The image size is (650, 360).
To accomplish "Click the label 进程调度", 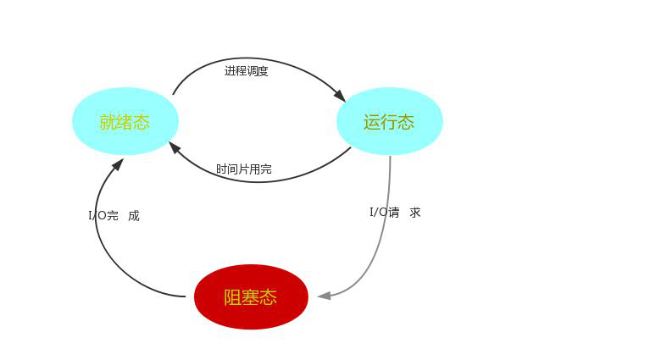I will point(247,71).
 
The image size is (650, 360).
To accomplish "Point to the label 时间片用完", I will point(244,169).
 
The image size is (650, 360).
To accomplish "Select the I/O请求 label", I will point(395,212).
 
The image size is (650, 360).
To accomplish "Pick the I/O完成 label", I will point(114,216).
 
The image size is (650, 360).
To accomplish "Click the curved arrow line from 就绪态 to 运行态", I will point(254,58).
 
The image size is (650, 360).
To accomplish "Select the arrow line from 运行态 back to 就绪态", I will point(263,181).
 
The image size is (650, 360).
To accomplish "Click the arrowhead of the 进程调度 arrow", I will point(340,96).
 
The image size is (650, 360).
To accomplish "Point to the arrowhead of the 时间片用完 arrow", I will point(175,147).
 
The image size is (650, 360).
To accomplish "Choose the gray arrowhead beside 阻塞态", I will point(324,296).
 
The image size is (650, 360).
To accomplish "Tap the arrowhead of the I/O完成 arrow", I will point(118,163).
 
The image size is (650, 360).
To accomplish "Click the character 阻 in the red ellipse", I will point(232,297).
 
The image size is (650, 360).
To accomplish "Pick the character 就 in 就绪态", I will point(107,122).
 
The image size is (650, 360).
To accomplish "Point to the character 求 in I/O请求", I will point(415,212).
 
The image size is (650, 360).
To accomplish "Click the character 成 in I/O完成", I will point(134,216).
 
